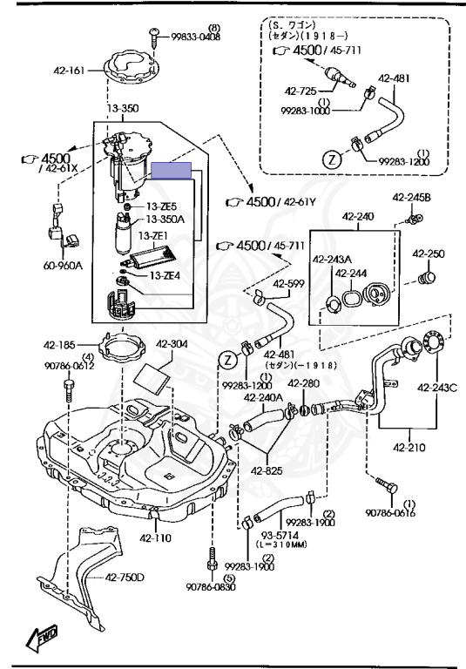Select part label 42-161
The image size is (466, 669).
coord(69,71)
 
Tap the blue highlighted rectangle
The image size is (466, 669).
coord(171,170)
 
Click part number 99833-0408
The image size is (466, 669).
coord(196,37)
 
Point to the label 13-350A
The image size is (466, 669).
coord(165,220)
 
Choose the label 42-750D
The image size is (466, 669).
coord(125,578)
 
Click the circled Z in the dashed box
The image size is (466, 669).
coord(333,159)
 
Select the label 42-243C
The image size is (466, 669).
coord(437,388)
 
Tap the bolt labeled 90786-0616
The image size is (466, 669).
coord(387,486)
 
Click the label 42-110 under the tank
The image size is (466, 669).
coord(155,538)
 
